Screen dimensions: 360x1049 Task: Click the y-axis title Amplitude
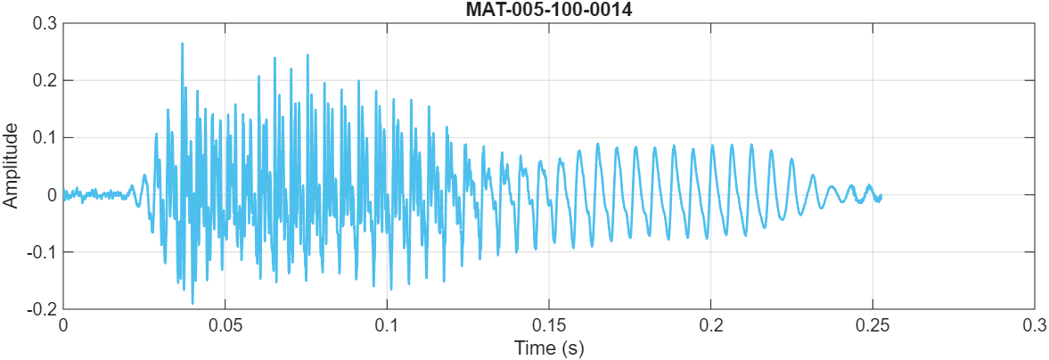click(11, 166)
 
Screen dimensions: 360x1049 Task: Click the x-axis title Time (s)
click(548, 348)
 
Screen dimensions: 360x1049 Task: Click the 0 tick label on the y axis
click(52, 195)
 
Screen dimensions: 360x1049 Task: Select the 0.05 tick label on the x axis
click(225, 324)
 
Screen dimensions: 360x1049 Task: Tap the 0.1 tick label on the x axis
click(387, 324)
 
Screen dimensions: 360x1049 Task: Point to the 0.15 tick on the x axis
click(549, 324)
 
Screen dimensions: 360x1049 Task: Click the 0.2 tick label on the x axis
click(711, 324)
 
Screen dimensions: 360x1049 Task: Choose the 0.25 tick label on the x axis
click(873, 324)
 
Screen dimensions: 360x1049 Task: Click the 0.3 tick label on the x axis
click(1035, 324)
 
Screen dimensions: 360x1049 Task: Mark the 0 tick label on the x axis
click(62, 324)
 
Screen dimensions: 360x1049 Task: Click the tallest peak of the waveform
click(182, 43)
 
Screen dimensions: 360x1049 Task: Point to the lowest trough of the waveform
click(193, 303)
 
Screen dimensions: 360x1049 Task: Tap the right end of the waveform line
click(881, 195)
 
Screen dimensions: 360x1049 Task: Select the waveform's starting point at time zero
click(63, 192)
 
